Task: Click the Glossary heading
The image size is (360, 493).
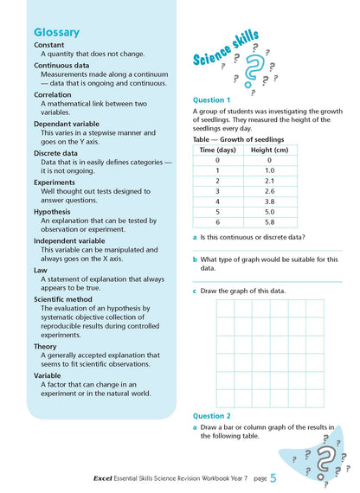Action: (57, 33)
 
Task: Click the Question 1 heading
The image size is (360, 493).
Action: (213, 99)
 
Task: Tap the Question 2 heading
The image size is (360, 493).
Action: (213, 415)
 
